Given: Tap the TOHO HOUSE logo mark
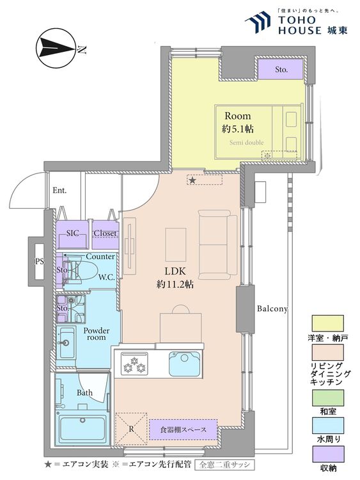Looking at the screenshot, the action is pos(258,22).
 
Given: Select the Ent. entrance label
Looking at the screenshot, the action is pos(59,191).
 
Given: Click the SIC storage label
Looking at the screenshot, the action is pos(73,233).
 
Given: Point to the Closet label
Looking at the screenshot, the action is pos(105,233).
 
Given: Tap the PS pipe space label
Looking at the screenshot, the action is pos(40,262).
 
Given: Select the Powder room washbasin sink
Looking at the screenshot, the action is pos(67,343).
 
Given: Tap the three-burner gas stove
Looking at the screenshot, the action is pos(134,364).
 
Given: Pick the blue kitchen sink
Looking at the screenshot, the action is pos(185,363).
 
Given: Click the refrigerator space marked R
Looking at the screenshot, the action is pos(131,429).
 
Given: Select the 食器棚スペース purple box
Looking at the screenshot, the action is pos(184,429).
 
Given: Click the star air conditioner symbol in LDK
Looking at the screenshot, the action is pos(192,180).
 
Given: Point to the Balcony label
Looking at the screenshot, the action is pos(272,308).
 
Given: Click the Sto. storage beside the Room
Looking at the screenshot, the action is pos(281,69).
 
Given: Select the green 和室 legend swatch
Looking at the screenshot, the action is pos(327,397).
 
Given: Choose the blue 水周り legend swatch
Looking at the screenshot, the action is pos(327,426).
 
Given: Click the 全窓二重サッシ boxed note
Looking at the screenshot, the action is pos(225,465).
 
